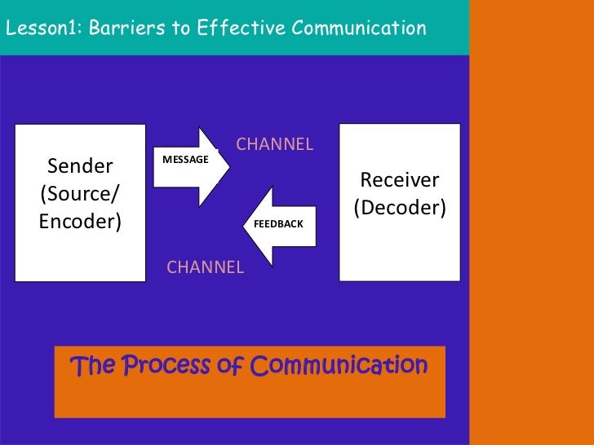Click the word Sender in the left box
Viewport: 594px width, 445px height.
pyautogui.click(x=80, y=167)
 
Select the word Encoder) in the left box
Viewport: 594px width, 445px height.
pyautogui.click(x=80, y=222)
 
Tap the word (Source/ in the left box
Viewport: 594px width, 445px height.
pyautogui.click(x=80, y=195)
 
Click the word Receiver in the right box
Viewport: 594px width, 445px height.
pyautogui.click(x=400, y=180)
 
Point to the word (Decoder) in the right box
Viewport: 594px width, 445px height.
pyautogui.click(x=400, y=208)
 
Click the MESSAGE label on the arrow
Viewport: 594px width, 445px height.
pyautogui.click(x=185, y=160)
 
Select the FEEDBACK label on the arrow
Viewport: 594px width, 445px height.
pyautogui.click(x=278, y=223)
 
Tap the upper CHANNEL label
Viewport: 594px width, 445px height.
pyautogui.click(x=274, y=145)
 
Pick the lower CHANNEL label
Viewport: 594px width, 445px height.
pyautogui.click(x=205, y=267)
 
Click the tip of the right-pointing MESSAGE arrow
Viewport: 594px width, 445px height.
pyautogui.click(x=228, y=166)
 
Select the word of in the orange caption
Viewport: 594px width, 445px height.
pyautogui.click(x=232, y=366)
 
